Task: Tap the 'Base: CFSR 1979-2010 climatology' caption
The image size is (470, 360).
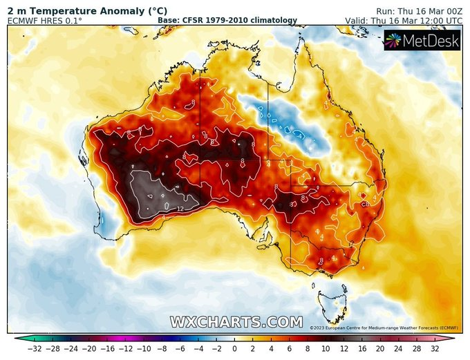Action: tap(227, 21)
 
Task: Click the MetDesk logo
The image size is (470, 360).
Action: tap(422, 42)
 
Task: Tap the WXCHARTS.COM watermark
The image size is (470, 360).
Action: tap(236, 322)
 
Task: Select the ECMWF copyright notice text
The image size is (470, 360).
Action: tap(384, 328)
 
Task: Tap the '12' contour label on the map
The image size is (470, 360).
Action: tap(180, 208)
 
